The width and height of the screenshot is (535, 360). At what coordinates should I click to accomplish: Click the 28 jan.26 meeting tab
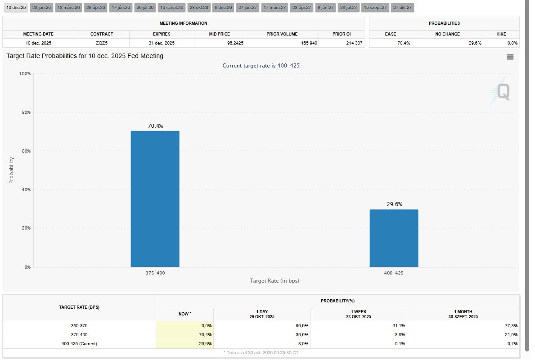click(42, 8)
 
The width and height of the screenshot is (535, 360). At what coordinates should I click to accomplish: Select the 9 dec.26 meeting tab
click(223, 8)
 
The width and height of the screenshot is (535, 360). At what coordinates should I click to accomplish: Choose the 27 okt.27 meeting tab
click(403, 8)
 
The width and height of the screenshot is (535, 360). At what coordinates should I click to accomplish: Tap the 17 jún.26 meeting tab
click(121, 8)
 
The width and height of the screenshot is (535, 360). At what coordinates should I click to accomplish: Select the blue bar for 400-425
click(394, 238)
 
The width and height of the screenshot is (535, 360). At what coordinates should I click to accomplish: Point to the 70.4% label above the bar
click(156, 126)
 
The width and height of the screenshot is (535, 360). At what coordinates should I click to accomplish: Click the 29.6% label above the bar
click(394, 204)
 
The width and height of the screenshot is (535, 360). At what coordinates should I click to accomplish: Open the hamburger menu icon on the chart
click(510, 57)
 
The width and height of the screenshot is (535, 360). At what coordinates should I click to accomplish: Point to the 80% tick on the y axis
click(25, 112)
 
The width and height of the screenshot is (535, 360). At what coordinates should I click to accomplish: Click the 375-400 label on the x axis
click(155, 273)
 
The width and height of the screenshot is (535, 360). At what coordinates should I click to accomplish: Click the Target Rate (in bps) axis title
click(274, 281)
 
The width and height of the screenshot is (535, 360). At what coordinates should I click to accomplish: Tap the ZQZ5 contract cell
click(102, 43)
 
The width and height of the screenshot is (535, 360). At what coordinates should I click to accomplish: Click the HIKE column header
click(501, 34)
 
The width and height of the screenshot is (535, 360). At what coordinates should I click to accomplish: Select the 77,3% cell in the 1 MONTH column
click(511, 325)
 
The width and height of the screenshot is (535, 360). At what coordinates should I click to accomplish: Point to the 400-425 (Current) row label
click(79, 344)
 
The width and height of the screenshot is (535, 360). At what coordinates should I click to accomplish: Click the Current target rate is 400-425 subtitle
click(261, 66)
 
